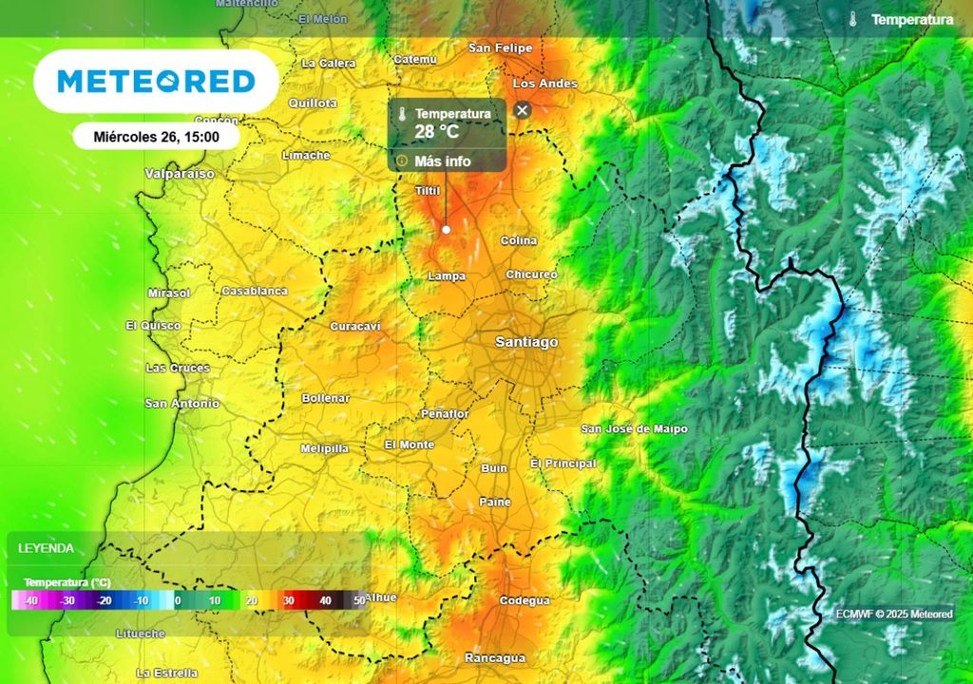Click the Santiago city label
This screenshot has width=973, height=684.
click(x=526, y=342)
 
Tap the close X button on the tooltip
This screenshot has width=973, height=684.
click(x=522, y=110)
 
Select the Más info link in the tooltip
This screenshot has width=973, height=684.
click(x=442, y=161)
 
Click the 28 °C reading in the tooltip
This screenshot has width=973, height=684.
click(x=437, y=131)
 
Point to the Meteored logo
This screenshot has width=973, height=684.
click(x=156, y=82)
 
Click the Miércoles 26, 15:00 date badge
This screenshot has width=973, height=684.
click(x=156, y=136)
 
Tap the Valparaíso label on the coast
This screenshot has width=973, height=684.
click(x=180, y=175)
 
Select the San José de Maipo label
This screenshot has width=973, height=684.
click(x=634, y=429)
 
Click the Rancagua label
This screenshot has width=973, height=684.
click(x=495, y=657)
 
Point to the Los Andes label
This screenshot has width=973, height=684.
click(x=544, y=84)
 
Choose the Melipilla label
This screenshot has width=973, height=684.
click(x=324, y=448)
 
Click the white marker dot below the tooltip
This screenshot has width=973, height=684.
click(x=446, y=229)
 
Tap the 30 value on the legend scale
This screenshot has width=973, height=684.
click(x=287, y=600)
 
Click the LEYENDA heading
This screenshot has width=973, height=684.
click(x=46, y=548)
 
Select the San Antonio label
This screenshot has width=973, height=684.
click(x=181, y=404)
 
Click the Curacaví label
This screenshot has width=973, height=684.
click(x=354, y=327)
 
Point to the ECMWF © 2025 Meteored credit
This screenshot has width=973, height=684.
click(x=894, y=614)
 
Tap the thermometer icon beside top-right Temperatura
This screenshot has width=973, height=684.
click(x=854, y=19)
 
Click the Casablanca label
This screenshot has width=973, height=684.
click(x=254, y=291)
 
